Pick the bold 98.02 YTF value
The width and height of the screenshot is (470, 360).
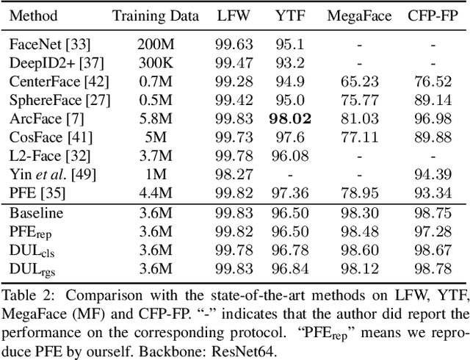[289, 118]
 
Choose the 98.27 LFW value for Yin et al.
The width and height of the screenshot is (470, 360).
[232, 174]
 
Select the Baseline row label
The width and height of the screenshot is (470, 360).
[35, 213]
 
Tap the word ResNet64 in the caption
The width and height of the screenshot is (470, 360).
[237, 350]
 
